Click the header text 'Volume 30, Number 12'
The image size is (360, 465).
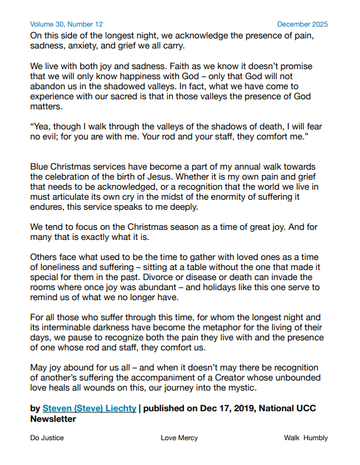66,24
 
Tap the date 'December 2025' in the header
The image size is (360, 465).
302,24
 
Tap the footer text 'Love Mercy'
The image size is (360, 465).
179,438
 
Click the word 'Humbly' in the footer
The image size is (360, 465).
316,438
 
